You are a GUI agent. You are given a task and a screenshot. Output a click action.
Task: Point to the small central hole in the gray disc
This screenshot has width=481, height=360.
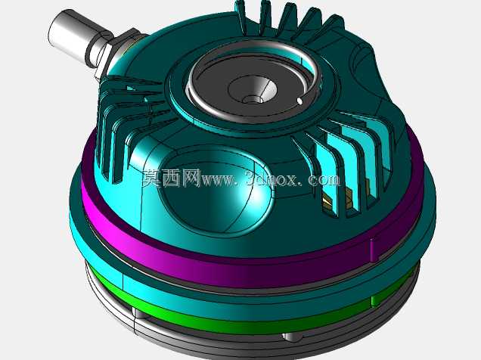[x=252, y=99]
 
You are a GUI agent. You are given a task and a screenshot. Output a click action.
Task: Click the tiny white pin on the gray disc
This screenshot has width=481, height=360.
[x=299, y=101]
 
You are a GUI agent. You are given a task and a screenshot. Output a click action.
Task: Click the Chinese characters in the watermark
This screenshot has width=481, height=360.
[x=172, y=178]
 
